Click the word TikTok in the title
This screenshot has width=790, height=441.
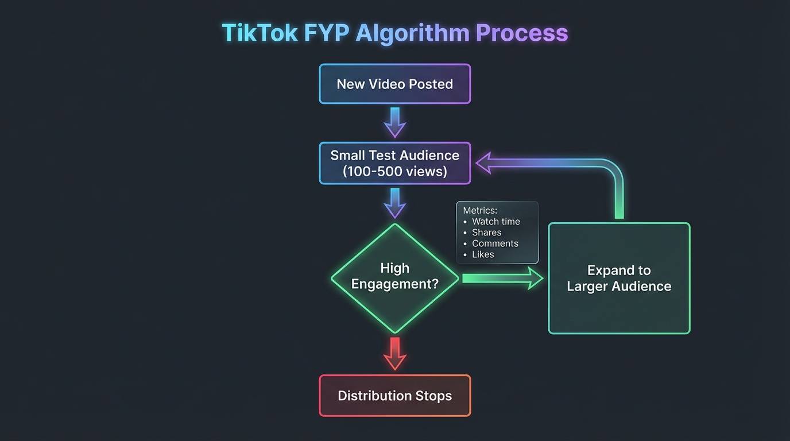click(259, 33)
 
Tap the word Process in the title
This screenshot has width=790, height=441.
click(521, 33)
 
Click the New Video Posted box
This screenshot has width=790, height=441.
click(395, 84)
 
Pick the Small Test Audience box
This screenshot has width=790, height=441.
click(395, 163)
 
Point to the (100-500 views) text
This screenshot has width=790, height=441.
click(395, 171)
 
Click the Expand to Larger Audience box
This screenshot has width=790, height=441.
click(619, 278)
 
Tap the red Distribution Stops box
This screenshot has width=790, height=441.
click(395, 396)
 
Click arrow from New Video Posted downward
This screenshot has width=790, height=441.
click(395, 122)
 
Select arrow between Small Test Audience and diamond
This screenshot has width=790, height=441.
click(395, 203)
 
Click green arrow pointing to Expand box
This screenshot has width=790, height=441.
click(502, 278)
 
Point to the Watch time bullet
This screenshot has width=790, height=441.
click(495, 222)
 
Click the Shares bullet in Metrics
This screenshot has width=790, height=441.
click(486, 233)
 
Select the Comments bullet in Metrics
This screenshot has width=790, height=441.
click(495, 243)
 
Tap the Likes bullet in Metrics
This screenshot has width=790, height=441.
click(483, 254)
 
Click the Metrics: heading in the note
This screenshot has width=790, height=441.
click(480, 211)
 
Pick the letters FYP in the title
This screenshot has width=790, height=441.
click(326, 33)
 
